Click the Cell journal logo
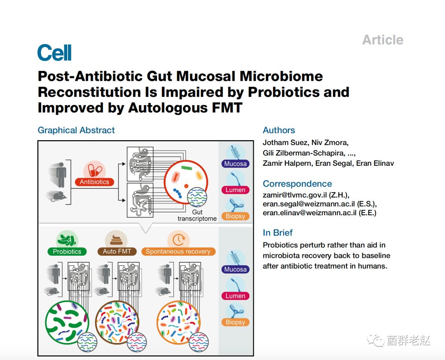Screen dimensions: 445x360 (54, 53)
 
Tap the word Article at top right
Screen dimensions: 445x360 (382, 40)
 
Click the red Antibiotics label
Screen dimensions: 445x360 (94, 182)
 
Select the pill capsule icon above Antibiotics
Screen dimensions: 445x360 (94, 170)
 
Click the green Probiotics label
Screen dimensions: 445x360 (67, 252)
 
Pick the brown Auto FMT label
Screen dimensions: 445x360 (117, 252)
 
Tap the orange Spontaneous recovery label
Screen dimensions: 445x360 (178, 252)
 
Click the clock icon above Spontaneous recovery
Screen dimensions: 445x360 (178, 240)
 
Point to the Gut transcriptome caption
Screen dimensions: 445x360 (197, 215)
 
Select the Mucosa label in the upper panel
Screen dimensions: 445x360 (235, 164)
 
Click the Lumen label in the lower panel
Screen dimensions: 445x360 (235, 296)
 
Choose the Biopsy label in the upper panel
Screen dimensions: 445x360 (235, 216)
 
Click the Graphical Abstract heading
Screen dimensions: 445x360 (76, 130)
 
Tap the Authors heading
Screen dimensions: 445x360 (279, 130)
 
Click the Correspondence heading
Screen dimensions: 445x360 (297, 184)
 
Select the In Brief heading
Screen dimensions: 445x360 (278, 233)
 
